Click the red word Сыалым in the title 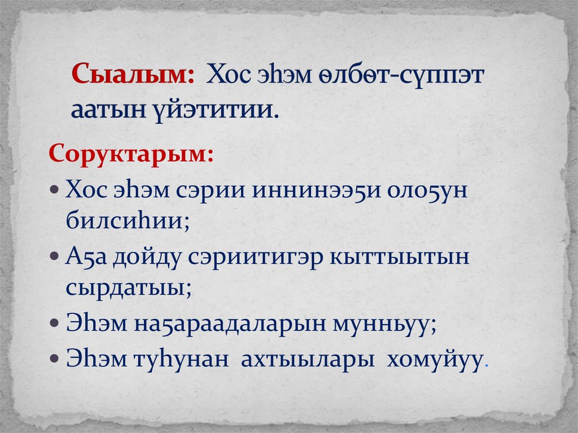pos(132,75)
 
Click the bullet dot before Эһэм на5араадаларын pos(54,325)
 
